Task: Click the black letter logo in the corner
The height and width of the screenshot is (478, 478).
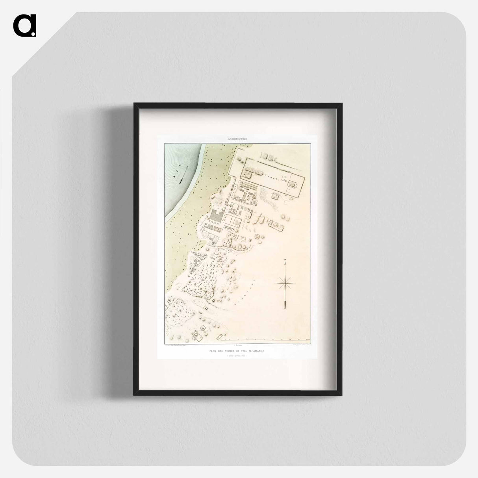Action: click(x=24, y=26)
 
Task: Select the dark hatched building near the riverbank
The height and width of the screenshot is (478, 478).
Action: click(x=216, y=215)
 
